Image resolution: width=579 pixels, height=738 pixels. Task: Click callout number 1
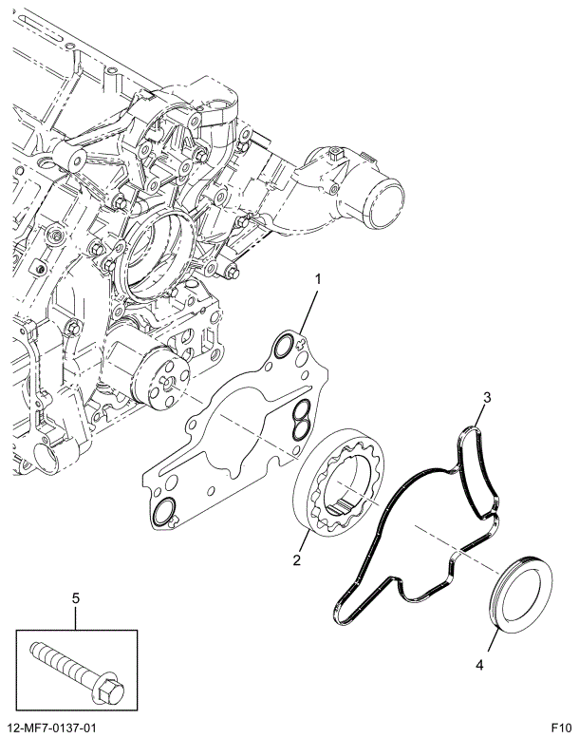coord(319,279)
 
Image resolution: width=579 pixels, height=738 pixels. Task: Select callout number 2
coord(297,560)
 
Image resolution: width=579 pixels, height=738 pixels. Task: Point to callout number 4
coord(479,666)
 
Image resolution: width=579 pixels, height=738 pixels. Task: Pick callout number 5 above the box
coord(76,597)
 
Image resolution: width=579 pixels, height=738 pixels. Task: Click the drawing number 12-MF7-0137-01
coord(53,728)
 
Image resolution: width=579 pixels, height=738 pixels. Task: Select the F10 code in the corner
coord(560,728)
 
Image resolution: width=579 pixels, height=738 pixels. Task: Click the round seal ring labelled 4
coord(519,595)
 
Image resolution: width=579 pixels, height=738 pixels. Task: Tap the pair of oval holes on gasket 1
coord(301,421)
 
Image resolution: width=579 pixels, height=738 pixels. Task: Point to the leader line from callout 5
coord(76,617)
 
